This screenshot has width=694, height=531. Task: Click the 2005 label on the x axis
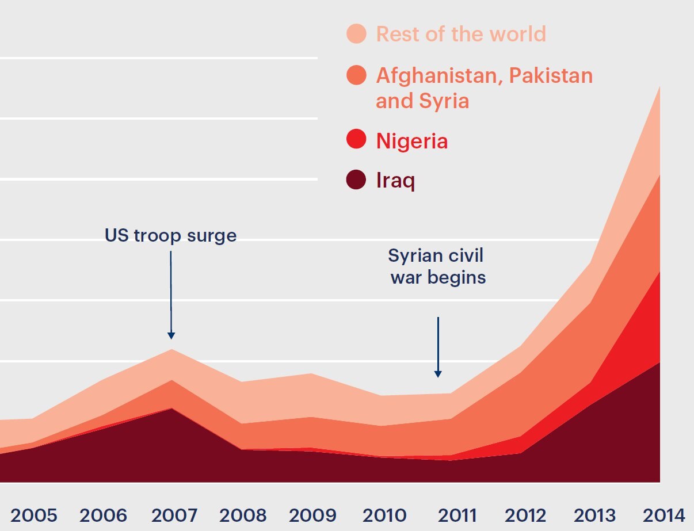point(34,515)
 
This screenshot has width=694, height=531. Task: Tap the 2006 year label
point(103,515)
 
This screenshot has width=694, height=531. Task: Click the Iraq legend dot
point(356,181)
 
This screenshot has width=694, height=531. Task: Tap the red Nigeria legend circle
point(356,140)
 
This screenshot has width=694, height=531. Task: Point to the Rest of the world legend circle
point(356,33)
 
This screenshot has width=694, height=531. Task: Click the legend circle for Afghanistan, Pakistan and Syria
point(356,75)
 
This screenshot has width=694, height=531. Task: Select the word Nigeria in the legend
point(411,140)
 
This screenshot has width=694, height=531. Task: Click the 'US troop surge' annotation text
point(170,235)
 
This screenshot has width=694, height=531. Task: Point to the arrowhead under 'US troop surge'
point(171,335)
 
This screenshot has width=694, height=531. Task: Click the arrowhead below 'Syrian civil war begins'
point(438,374)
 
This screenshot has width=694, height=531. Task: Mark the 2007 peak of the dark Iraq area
point(171,409)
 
